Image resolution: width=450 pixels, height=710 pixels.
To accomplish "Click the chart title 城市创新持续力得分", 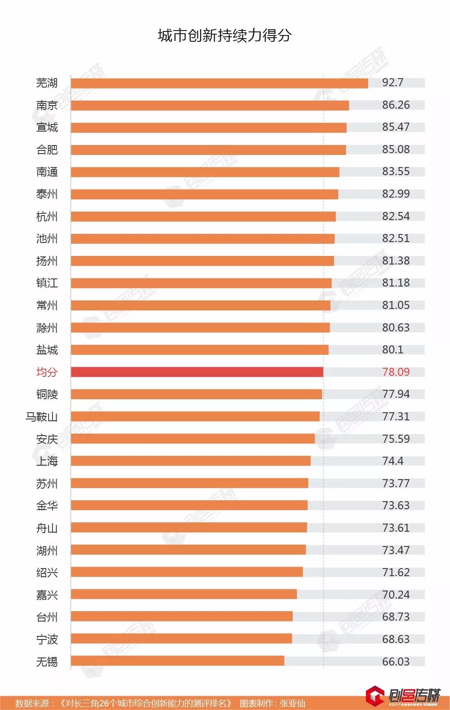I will [x=225, y=35].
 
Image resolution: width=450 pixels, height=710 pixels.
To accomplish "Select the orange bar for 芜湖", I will [x=219, y=83].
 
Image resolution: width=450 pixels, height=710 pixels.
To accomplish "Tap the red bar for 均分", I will [x=197, y=372].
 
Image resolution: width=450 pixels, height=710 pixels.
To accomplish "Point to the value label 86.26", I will [x=396, y=105].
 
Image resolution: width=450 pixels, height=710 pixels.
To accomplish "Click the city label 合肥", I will [x=47, y=150].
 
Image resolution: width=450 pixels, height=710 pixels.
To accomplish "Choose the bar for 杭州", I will [x=203, y=216].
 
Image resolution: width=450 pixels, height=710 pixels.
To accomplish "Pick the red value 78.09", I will [x=396, y=372].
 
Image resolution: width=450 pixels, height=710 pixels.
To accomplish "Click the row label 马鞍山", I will [x=41, y=417].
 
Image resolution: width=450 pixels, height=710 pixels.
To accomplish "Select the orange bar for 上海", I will [x=191, y=461].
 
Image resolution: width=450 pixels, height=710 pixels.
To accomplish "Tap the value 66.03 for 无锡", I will [x=396, y=661].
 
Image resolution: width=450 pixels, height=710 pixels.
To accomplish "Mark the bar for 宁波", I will [x=181, y=639].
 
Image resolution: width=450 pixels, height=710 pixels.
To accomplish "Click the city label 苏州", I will [x=47, y=484].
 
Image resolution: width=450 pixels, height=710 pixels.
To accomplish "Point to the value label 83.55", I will [x=396, y=172].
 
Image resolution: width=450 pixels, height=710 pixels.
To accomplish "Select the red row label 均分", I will [x=47, y=372].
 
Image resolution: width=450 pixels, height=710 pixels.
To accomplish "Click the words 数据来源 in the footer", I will [x=31, y=703].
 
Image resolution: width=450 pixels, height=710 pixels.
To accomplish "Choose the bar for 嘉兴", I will [x=184, y=594].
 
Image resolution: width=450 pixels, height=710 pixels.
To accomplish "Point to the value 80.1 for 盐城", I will [x=392, y=349].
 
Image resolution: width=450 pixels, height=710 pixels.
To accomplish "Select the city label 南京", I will [x=47, y=105].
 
